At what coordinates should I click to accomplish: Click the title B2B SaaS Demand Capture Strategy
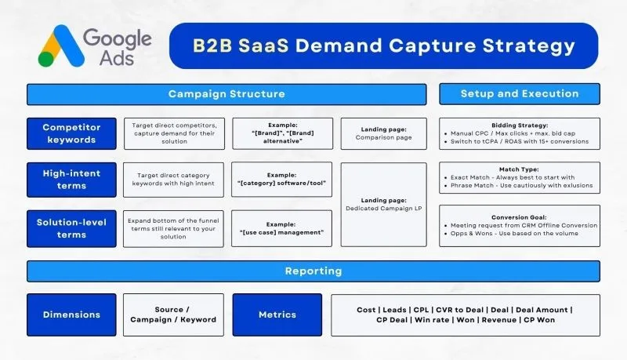[x=384, y=46]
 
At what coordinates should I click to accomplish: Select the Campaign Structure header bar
[x=227, y=94]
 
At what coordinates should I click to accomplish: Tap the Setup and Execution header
[x=519, y=94]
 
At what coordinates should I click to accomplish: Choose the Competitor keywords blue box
[x=71, y=133]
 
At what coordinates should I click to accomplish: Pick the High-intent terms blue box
[x=71, y=179]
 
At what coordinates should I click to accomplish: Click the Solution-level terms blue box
[x=71, y=228]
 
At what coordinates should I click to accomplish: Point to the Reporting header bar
[x=313, y=271]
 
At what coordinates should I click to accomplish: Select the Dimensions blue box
[x=71, y=315]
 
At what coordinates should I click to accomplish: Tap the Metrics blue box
[x=277, y=315]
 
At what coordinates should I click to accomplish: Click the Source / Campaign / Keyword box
[x=174, y=315]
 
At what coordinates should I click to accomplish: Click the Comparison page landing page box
[x=383, y=133]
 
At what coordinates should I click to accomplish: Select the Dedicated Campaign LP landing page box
[x=383, y=203]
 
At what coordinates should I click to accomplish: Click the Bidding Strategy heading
[x=520, y=124]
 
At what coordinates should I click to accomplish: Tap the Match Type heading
[x=520, y=168]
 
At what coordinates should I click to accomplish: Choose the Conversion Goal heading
[x=520, y=216]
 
